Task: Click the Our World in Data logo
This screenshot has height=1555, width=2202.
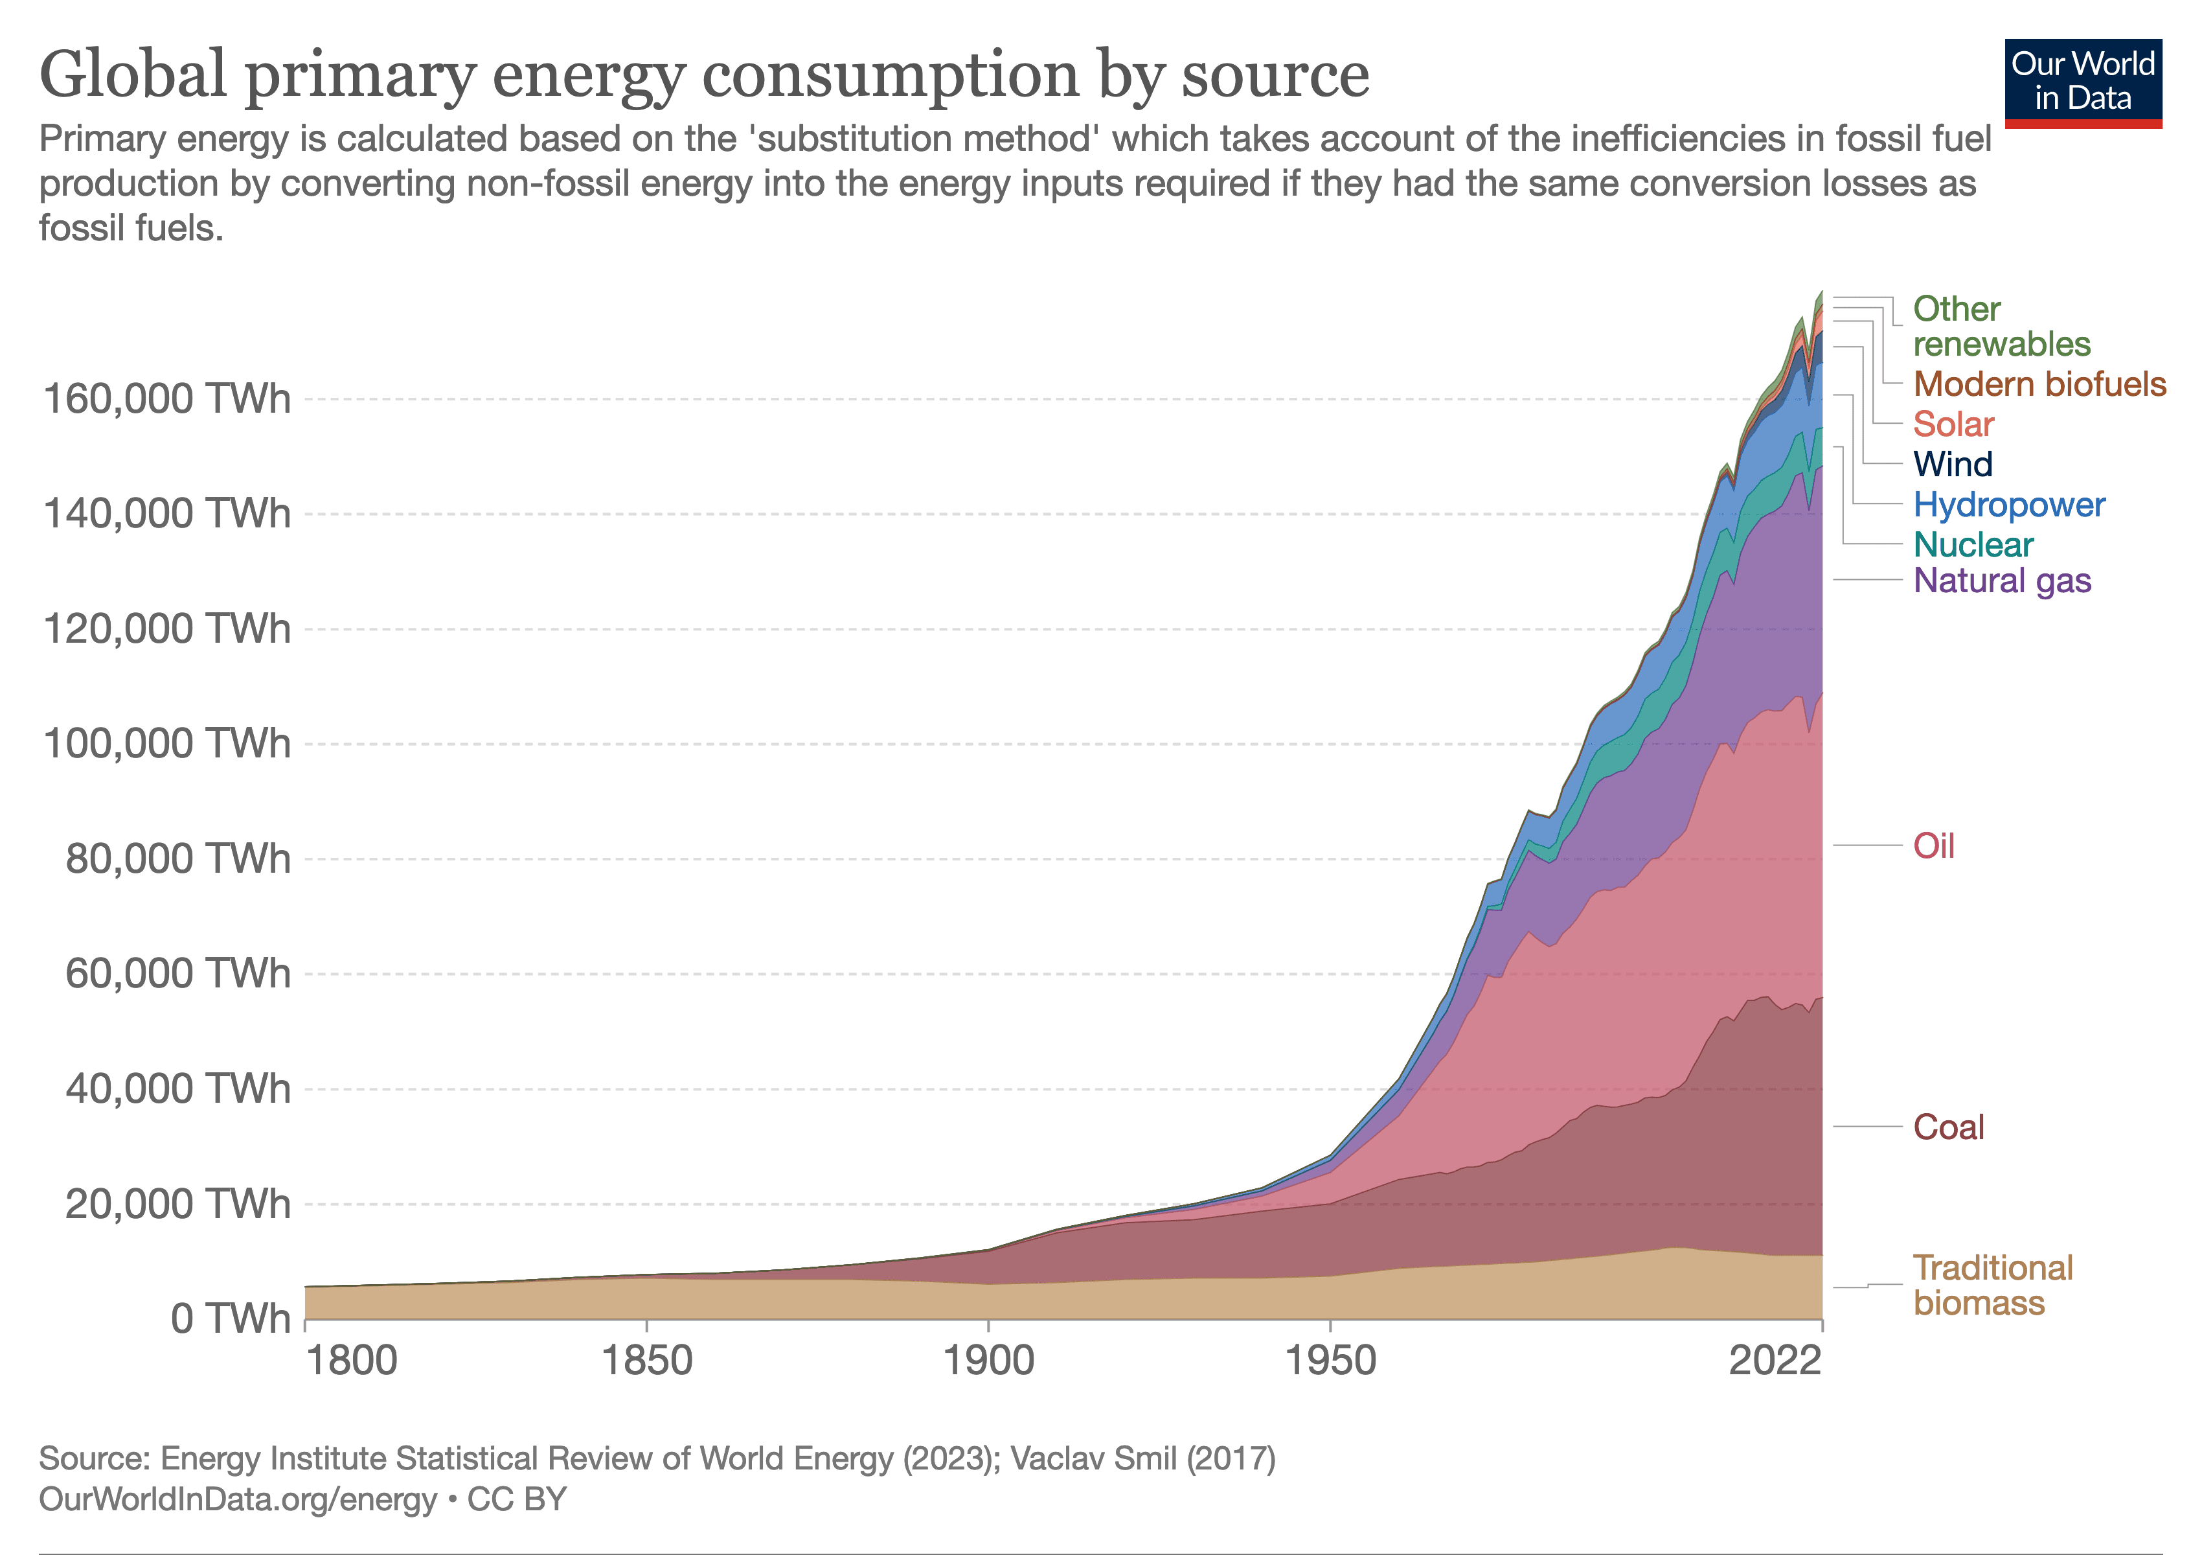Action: (x=2083, y=82)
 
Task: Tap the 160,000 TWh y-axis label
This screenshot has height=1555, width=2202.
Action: (x=166, y=398)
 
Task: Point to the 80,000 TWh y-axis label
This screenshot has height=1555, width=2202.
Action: (x=177, y=858)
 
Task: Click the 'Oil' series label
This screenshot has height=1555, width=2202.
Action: (x=1933, y=846)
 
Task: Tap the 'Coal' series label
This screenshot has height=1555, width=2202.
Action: (x=1948, y=1127)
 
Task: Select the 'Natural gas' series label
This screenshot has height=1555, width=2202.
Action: (x=2002, y=581)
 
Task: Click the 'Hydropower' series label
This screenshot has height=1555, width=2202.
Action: (x=2008, y=505)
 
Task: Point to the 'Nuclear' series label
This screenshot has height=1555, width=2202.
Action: (x=1973, y=545)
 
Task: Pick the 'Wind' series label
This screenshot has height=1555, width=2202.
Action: (x=1953, y=465)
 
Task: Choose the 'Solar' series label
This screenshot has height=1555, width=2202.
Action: (x=1953, y=424)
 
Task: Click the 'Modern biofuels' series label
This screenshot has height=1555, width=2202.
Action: (x=2039, y=384)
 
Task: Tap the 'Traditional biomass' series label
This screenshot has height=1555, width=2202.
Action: (x=1992, y=1285)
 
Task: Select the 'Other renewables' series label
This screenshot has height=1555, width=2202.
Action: (x=2001, y=326)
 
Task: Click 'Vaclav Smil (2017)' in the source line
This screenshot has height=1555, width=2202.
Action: (x=1142, y=1459)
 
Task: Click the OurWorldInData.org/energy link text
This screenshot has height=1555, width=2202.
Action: (x=237, y=1499)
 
